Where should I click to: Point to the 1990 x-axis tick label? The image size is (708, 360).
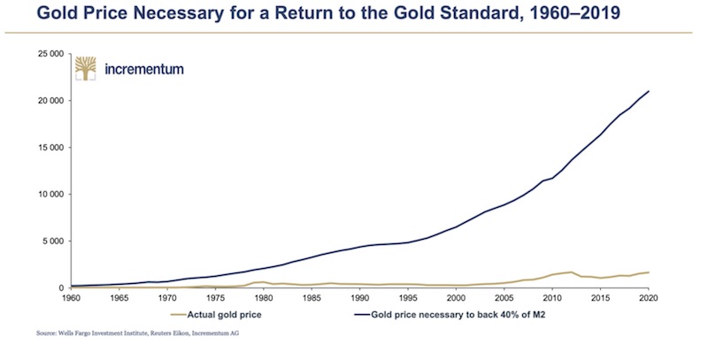click(x=360, y=299)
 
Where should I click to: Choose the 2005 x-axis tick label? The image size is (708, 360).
click(x=505, y=299)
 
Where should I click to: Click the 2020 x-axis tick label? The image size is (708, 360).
click(x=650, y=299)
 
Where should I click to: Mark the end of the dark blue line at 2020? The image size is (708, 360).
click(x=650, y=91)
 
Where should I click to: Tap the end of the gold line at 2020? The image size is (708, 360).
click(x=650, y=272)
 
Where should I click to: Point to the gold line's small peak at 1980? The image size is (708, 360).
click(x=264, y=282)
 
